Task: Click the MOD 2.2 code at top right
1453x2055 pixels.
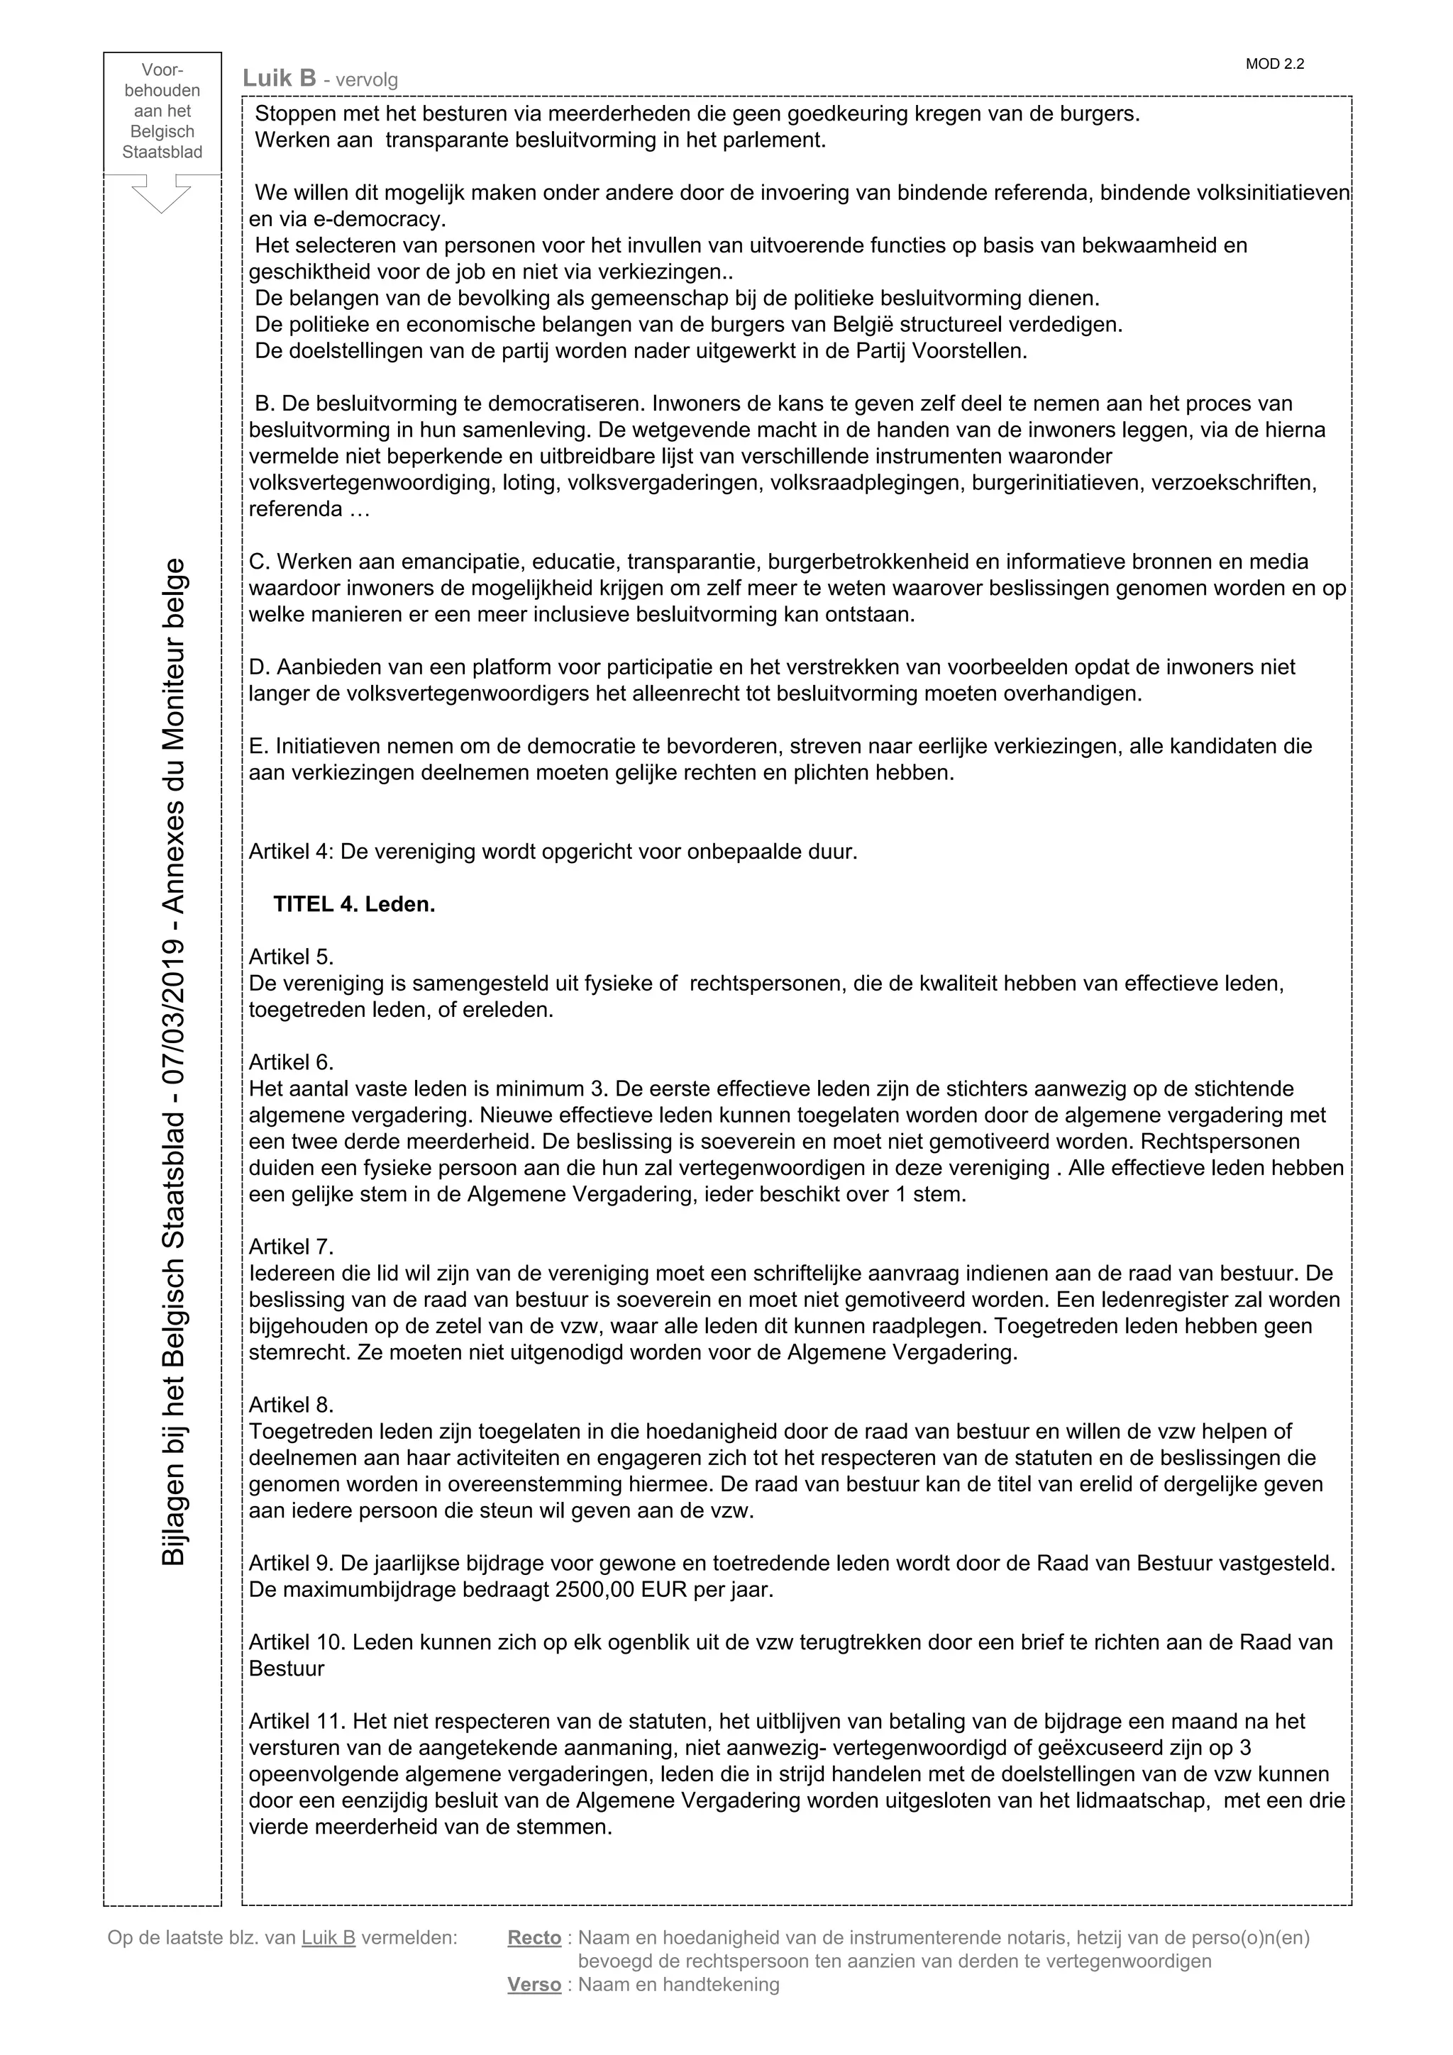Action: (x=1274, y=65)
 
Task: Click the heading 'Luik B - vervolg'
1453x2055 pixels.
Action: (x=319, y=79)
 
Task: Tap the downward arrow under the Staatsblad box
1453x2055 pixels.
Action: (x=161, y=194)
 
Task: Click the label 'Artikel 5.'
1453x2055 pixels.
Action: (x=291, y=957)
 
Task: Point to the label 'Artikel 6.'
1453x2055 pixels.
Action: (x=291, y=1062)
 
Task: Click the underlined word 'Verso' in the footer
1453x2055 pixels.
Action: (x=534, y=1984)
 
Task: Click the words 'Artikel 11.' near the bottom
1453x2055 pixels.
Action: (x=297, y=1721)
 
